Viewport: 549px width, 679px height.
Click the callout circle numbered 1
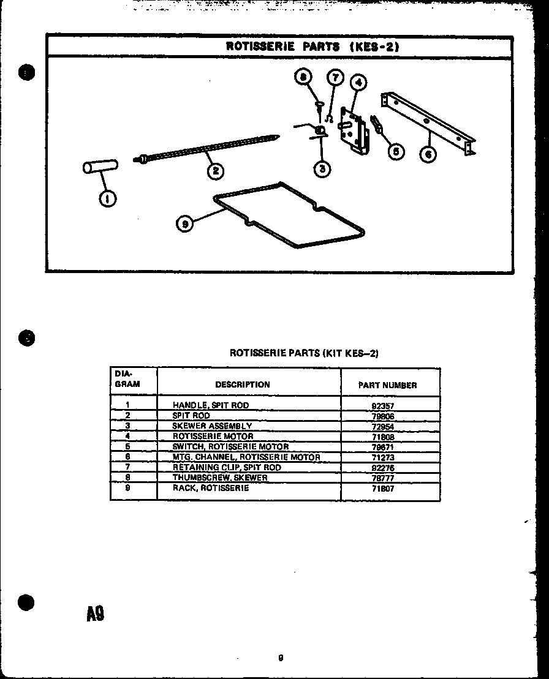point(108,199)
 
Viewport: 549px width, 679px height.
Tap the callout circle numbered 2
point(214,171)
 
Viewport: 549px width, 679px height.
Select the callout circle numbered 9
point(184,225)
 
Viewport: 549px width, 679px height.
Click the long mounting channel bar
point(429,122)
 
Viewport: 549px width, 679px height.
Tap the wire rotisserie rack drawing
point(288,214)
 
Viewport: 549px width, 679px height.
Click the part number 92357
point(382,405)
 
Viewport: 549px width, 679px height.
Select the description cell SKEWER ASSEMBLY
point(212,426)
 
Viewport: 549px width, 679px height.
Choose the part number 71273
point(382,457)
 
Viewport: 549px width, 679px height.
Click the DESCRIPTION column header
point(243,385)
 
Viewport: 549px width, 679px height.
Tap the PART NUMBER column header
point(387,386)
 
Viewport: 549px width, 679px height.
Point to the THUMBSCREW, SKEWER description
point(220,478)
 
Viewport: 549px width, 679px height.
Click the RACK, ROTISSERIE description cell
point(211,488)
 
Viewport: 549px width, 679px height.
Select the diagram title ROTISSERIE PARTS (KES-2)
point(312,46)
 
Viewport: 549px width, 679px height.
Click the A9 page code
point(95,612)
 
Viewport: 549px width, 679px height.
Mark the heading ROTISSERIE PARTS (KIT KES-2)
point(305,353)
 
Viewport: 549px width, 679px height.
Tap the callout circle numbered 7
point(335,77)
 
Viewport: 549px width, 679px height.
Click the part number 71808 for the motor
point(382,437)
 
